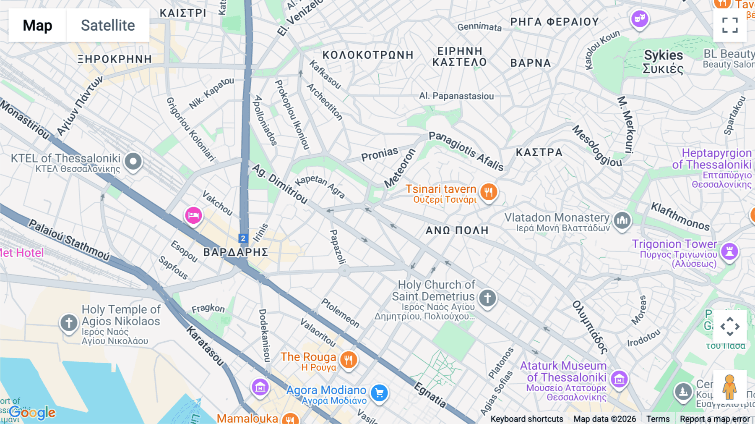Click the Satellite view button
[x=108, y=25]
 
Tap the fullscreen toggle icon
[x=730, y=25]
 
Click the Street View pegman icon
[x=729, y=387]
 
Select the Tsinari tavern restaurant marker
[x=488, y=192]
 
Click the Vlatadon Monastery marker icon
[x=622, y=220]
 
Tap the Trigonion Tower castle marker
[x=729, y=251]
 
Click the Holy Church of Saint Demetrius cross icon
[x=487, y=298]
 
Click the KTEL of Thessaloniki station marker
[x=133, y=161]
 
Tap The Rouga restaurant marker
[x=349, y=360]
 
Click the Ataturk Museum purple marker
[x=619, y=379]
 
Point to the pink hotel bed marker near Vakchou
[x=193, y=215]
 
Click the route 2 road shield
[x=243, y=238]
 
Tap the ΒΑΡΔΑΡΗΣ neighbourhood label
[x=236, y=252]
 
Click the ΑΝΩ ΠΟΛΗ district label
[x=457, y=230]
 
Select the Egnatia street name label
[x=430, y=395]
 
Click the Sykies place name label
[x=663, y=55]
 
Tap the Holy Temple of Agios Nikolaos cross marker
[x=69, y=323]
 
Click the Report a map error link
[x=714, y=419]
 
